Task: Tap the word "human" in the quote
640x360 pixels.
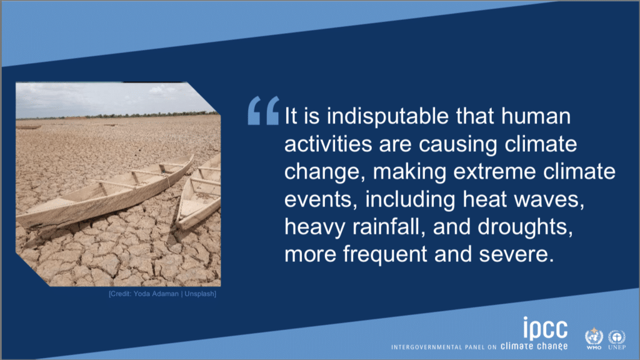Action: coord(536,116)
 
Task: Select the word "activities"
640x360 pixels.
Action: coord(328,144)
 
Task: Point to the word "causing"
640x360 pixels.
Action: coord(458,145)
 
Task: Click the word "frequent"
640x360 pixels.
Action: coord(385,255)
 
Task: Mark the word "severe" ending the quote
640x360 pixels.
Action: coord(516,255)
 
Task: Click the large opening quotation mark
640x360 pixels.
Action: coord(264,110)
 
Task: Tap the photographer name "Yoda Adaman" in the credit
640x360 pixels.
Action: coord(156,294)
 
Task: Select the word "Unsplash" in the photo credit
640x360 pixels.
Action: coord(199,294)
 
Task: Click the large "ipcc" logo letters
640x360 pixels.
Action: coord(545,328)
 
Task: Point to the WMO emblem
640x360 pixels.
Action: coord(594,338)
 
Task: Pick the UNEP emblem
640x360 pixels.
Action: coord(617,339)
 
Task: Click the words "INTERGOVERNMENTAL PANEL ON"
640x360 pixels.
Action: coord(444,347)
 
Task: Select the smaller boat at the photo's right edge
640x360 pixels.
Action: coord(200,194)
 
